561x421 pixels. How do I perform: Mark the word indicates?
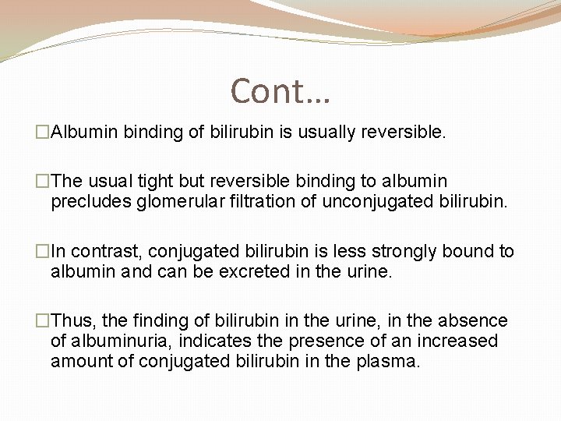(217, 341)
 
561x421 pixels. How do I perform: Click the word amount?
(83, 362)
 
